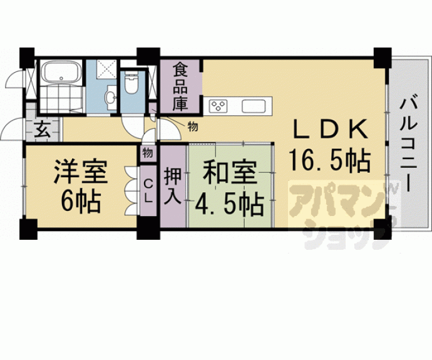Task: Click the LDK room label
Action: coord(329,130)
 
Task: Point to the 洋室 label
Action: coord(80,172)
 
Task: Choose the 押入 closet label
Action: coord(173,186)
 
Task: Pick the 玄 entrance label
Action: coord(41,130)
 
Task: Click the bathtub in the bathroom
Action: coord(61,73)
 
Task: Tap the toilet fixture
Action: coord(132,81)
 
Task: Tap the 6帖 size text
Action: coord(80,202)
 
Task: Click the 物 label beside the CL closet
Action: coord(148,152)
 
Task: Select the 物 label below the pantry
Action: coord(192,127)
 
